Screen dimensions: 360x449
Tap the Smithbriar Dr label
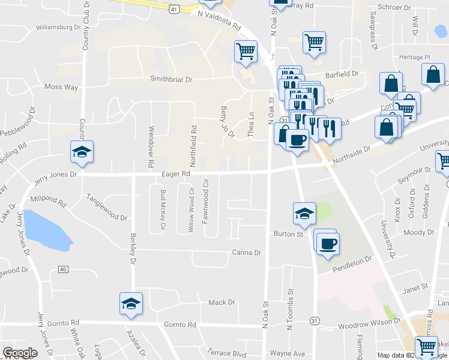(x=171, y=79)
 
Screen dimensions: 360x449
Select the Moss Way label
(x=61, y=87)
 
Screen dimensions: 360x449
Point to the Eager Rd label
(x=176, y=173)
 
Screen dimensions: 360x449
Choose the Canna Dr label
(x=247, y=253)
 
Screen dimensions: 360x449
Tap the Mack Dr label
(x=221, y=302)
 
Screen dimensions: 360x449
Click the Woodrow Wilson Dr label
(x=369, y=321)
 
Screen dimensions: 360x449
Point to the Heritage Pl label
(x=411, y=57)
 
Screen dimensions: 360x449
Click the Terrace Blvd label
(x=227, y=353)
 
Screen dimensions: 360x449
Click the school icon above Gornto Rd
(x=130, y=303)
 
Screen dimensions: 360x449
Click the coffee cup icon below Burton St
(x=328, y=244)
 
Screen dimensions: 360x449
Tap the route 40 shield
(x=63, y=269)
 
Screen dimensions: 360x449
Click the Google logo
(x=20, y=353)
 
